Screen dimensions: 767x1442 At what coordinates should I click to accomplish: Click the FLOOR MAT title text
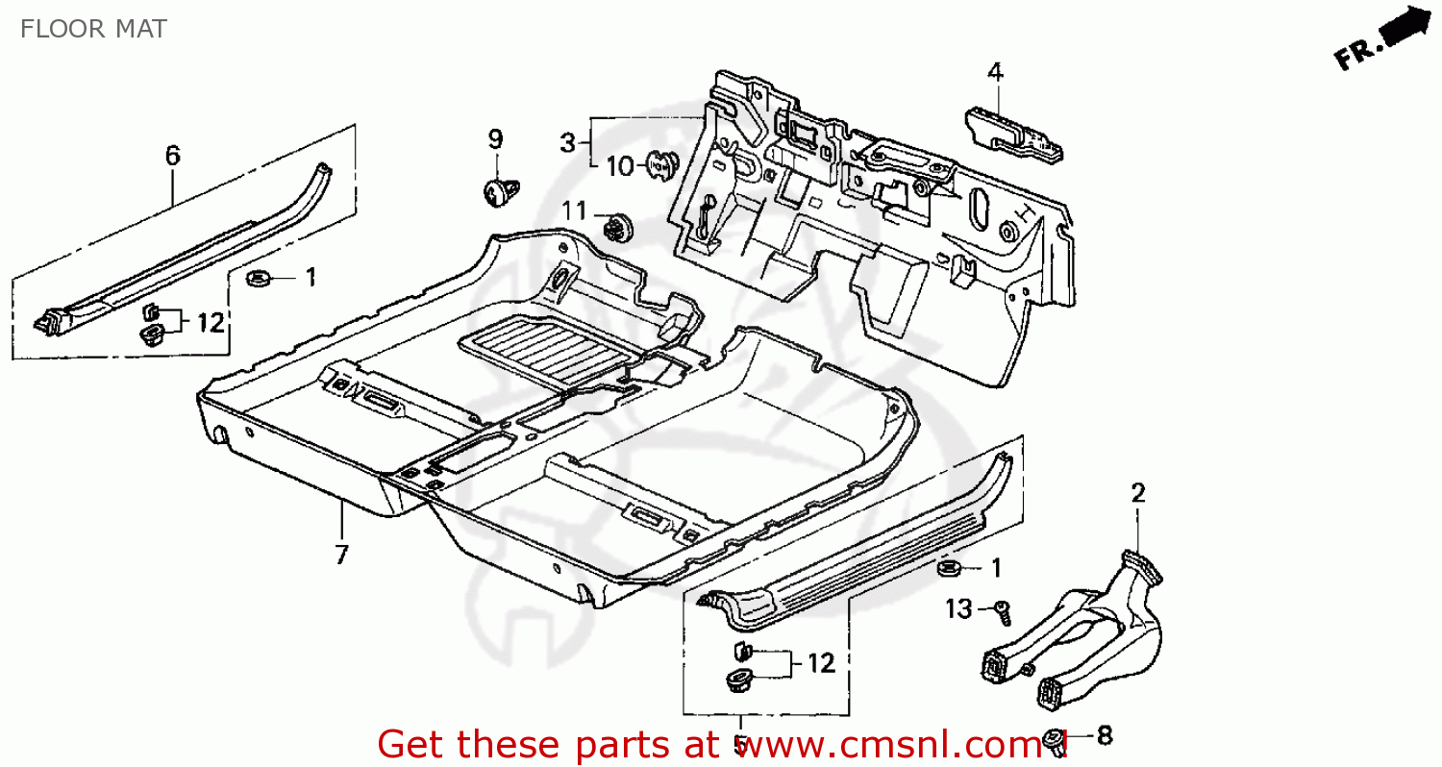tap(93, 29)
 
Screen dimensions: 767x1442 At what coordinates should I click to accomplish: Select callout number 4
tap(995, 72)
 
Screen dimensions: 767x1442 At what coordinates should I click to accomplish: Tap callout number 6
tap(172, 155)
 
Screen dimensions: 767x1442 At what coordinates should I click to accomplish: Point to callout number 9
tap(495, 139)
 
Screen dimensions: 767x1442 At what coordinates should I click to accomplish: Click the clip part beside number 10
tap(660, 165)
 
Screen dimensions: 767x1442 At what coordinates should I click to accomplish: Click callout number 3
tap(568, 143)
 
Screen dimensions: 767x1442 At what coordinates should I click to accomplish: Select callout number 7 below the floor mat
tap(342, 555)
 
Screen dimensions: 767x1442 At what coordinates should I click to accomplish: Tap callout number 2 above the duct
tap(1138, 494)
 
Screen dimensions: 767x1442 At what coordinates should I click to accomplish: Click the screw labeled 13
tap(1003, 608)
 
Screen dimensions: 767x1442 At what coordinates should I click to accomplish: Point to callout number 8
tap(1104, 736)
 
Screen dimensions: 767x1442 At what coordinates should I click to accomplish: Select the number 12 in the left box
tap(211, 322)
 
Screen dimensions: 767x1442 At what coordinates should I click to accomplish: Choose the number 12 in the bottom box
tap(821, 662)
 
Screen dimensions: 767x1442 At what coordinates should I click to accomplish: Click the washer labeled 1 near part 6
tap(258, 279)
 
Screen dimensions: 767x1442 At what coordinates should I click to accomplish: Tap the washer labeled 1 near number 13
tap(950, 569)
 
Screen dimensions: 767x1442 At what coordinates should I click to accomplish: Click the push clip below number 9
tap(497, 191)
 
